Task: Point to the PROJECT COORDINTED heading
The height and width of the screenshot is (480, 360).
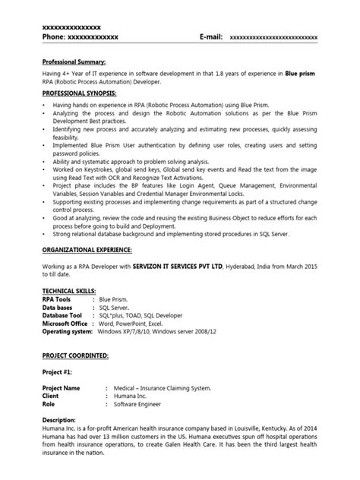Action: (76, 355)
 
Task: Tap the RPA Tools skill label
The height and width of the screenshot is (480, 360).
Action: (60, 299)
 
